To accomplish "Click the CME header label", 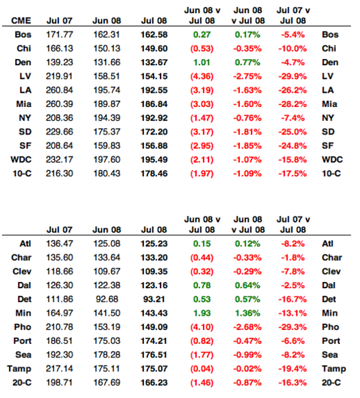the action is tap(21, 21).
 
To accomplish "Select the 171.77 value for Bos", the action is tap(60, 34).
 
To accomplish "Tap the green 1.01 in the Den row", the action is tap(202, 62).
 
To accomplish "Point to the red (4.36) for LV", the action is tap(202, 76).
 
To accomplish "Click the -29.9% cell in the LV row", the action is tap(293, 76).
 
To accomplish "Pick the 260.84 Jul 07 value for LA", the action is tap(60, 90).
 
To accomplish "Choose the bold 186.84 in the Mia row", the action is tap(154, 104).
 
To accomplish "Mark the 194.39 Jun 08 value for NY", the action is tap(106, 118).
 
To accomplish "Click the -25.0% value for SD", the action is tap(293, 132).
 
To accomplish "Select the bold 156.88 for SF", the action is tap(154, 145).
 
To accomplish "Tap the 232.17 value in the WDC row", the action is tap(60, 160).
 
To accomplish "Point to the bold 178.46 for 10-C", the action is tap(154, 174).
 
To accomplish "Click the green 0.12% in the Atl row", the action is tap(248, 244).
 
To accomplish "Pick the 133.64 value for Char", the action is tap(106, 257).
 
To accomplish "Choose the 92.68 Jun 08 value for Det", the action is tap(107, 299).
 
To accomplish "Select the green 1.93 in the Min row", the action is tap(202, 313).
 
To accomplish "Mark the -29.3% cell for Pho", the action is tap(293, 327).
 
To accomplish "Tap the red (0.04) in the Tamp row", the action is tap(202, 368).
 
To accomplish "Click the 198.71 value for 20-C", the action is tap(60, 382).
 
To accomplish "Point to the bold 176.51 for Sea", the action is tap(154, 355).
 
